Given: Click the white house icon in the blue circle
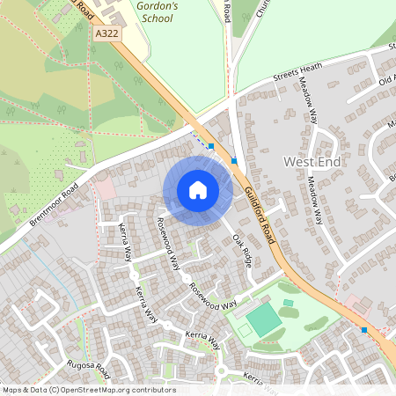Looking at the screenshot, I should coord(198,190).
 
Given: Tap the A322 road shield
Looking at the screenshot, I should coord(106,32).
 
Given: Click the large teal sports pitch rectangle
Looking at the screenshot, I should coord(264,319).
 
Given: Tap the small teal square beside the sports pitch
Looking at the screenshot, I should coord(288,303).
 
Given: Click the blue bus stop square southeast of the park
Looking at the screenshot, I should coord(364,330).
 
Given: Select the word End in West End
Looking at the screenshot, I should coord(333,162).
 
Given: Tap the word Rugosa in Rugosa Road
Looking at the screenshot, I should coord(79,362).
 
